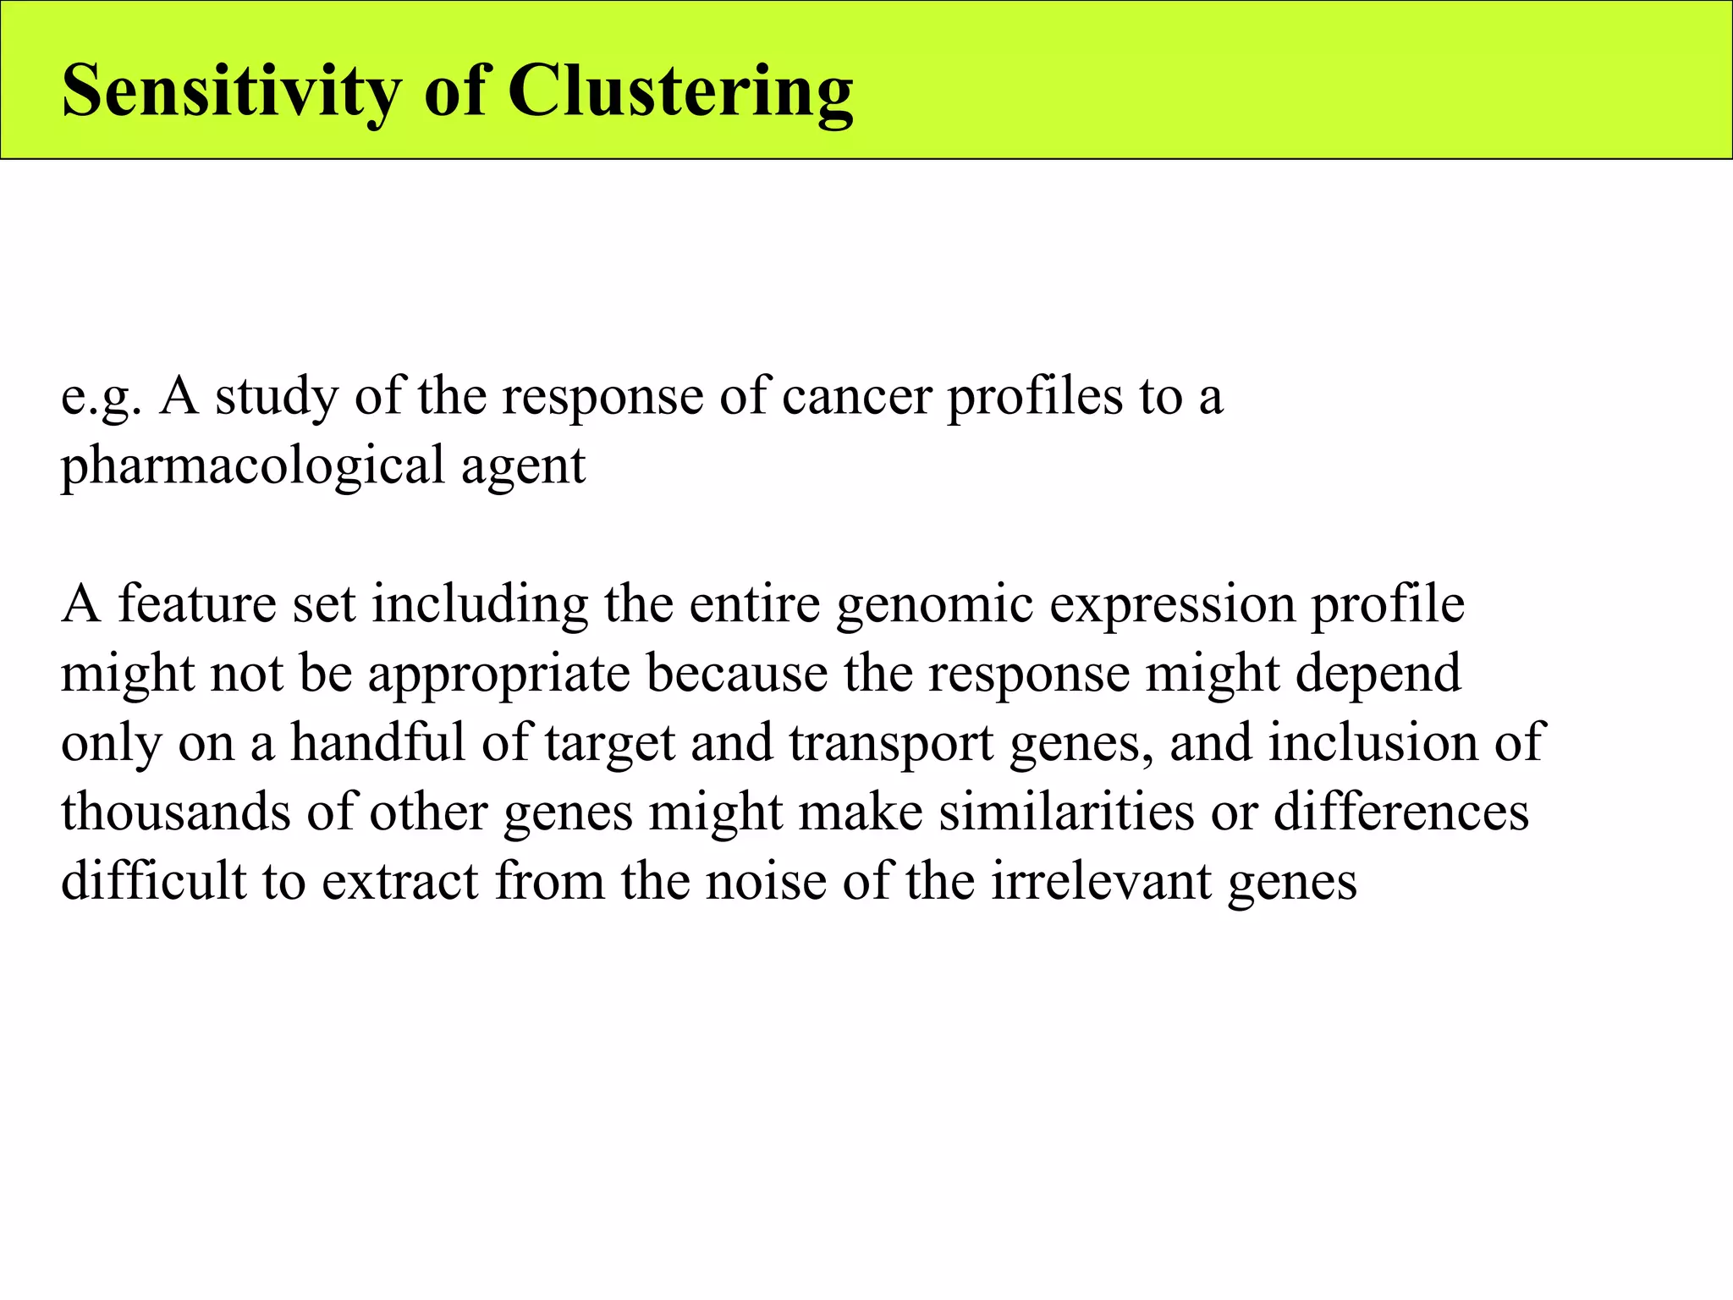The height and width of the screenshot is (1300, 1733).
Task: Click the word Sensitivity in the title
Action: [x=231, y=91]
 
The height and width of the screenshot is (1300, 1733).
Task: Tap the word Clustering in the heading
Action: [x=680, y=91]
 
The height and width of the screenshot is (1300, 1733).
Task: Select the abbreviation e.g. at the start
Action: [x=101, y=396]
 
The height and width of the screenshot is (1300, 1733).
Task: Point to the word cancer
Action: [x=856, y=396]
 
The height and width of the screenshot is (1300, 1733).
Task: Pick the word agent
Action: [x=523, y=465]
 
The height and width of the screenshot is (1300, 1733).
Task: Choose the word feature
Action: [x=197, y=603]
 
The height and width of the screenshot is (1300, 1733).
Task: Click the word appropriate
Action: [x=499, y=674]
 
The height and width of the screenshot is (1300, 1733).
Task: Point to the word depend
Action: [x=1378, y=674]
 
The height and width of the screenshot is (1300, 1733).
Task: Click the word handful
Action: [x=378, y=742]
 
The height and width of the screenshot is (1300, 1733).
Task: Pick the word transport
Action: [x=891, y=742]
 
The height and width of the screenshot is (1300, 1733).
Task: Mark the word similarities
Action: [x=1066, y=812]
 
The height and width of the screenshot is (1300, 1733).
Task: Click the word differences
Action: [x=1401, y=812]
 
